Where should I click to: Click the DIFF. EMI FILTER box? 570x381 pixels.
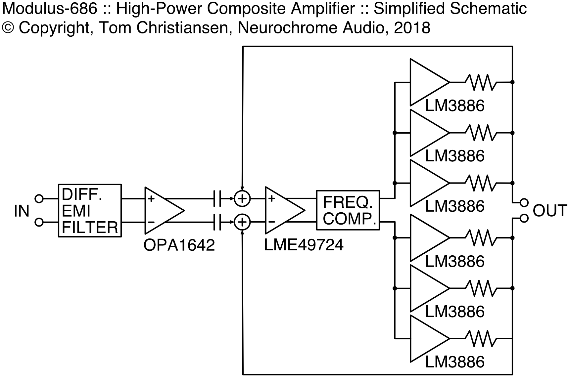pyautogui.click(x=90, y=211)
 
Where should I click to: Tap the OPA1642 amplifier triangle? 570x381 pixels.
pyautogui.click(x=164, y=211)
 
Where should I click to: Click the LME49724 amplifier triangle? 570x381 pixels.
pyautogui.click(x=285, y=211)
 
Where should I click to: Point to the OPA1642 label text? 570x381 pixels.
pyautogui.click(x=179, y=245)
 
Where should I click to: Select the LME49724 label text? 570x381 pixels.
pyautogui.click(x=304, y=245)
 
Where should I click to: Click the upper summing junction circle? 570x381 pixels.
pyautogui.click(x=242, y=199)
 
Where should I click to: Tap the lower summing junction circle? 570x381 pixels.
pyautogui.click(x=242, y=222)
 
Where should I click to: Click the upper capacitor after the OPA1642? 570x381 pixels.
pyautogui.click(x=217, y=199)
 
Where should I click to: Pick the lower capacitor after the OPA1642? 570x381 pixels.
pyautogui.click(x=217, y=222)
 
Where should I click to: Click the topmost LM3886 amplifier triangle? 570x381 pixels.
pyautogui.click(x=430, y=82)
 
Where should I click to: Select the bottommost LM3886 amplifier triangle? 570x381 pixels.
pyautogui.click(x=430, y=339)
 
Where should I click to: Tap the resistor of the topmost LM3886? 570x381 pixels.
pyautogui.click(x=481, y=82)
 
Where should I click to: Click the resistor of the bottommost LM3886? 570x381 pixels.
pyautogui.click(x=481, y=339)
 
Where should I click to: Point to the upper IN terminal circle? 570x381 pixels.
pyautogui.click(x=39, y=199)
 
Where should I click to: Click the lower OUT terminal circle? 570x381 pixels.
pyautogui.click(x=524, y=218)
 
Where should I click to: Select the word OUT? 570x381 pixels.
pyautogui.click(x=550, y=211)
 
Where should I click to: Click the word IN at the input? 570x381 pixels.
pyautogui.click(x=22, y=211)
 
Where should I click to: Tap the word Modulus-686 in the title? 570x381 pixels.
pyautogui.click(x=50, y=9)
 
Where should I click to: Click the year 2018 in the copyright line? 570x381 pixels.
pyautogui.click(x=412, y=28)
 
